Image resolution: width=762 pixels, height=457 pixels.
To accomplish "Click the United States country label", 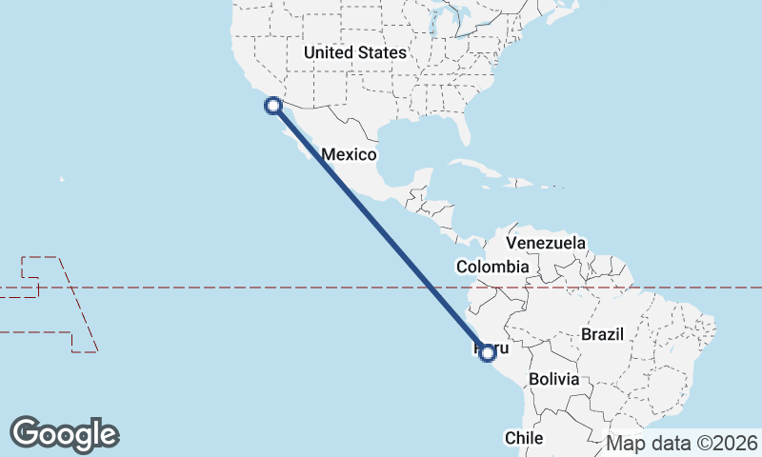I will (x=354, y=53).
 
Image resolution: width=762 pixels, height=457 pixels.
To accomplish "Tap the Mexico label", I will (x=350, y=154).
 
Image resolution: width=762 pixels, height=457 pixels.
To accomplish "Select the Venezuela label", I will (x=546, y=244).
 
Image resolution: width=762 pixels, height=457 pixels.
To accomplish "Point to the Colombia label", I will (x=491, y=268).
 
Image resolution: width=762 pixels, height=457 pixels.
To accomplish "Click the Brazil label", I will (x=601, y=334).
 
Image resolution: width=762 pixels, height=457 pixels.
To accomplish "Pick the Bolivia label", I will (x=553, y=379).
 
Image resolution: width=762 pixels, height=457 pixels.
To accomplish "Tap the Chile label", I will (x=524, y=438).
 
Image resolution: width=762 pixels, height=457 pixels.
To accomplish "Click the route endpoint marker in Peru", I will (x=488, y=353).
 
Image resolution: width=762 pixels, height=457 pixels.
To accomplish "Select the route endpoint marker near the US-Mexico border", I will (x=272, y=106).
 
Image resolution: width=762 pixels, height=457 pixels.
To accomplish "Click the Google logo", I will (x=64, y=434).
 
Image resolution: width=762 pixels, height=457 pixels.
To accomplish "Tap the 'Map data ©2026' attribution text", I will (x=682, y=443).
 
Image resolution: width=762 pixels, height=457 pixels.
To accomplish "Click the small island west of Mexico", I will (x=62, y=178).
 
